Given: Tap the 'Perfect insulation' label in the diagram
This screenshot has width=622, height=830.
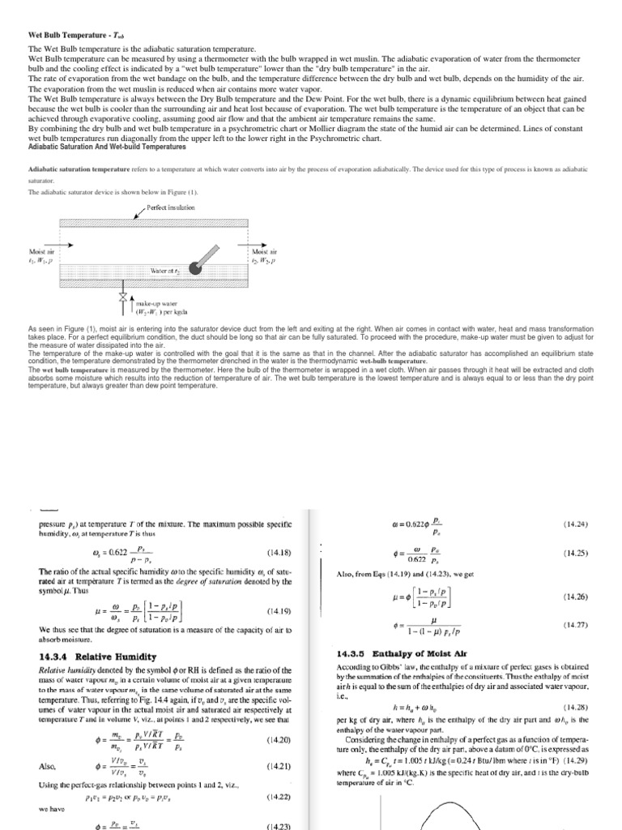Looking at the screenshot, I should pos(172,208).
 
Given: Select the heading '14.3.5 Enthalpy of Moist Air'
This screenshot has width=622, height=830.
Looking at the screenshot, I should pos(398,652).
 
